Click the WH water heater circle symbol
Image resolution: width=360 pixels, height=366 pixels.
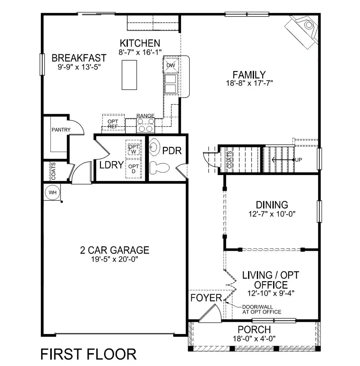click(x=53, y=193)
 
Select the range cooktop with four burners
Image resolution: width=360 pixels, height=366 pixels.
click(x=145, y=125)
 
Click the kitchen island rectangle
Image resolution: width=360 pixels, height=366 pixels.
click(x=129, y=75)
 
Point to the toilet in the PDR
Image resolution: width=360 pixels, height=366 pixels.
click(x=159, y=168)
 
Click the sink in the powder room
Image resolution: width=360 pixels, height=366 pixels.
click(x=154, y=147)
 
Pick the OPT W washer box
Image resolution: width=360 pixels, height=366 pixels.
click(x=134, y=149)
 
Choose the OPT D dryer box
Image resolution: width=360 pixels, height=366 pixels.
click(x=134, y=169)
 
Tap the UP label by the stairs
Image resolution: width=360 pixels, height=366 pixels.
click(x=298, y=160)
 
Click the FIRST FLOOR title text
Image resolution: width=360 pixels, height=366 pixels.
click(x=88, y=354)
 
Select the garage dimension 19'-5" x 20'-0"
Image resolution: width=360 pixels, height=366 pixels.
click(x=114, y=259)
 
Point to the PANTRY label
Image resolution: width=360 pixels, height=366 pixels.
click(x=61, y=130)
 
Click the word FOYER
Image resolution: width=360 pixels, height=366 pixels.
click(x=206, y=298)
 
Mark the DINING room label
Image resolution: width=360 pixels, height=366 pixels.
click(x=272, y=205)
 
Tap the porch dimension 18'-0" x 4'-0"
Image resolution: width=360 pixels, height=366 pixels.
click(x=254, y=338)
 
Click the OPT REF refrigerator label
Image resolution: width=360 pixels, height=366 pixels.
click(x=113, y=124)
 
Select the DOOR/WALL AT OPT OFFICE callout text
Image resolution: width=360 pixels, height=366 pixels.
click(x=262, y=309)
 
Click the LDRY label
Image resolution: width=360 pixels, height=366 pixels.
click(x=112, y=165)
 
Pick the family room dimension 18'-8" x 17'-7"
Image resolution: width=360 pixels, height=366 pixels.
click(x=249, y=83)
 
